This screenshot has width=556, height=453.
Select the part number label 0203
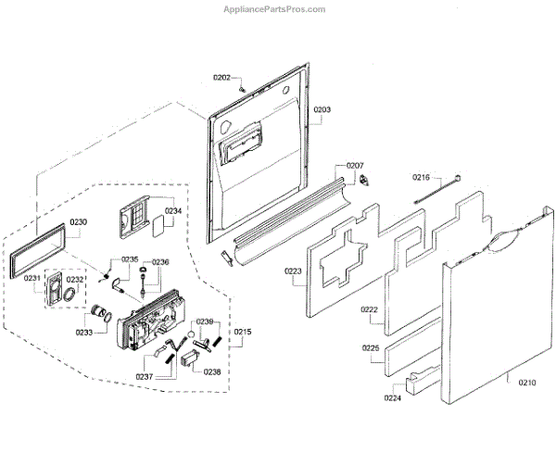click(322, 109)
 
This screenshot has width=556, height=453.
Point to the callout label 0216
click(422, 176)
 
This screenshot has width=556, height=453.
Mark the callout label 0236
click(160, 262)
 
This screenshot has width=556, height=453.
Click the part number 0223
click(294, 271)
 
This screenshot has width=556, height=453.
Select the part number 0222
click(370, 309)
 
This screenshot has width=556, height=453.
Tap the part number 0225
click(371, 348)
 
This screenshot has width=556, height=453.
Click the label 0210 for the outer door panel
click(526, 381)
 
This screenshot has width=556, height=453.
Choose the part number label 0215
click(243, 331)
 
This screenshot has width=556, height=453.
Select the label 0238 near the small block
click(212, 371)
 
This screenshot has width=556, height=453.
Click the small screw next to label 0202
click(243, 86)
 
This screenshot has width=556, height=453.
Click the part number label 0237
click(145, 377)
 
